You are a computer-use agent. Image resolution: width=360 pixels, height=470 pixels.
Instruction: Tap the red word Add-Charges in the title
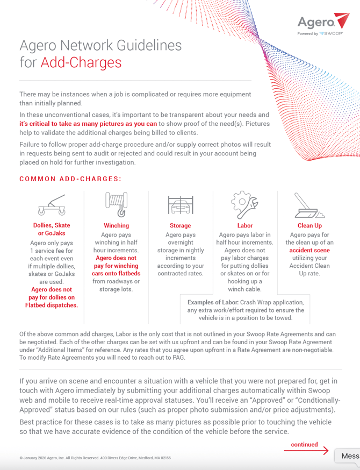[81, 62]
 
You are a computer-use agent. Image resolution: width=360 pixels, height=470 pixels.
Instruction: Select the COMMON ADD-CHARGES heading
[70, 179]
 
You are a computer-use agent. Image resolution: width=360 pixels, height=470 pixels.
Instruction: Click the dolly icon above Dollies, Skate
[52, 205]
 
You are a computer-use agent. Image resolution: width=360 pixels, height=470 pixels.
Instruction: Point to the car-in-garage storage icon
[180, 205]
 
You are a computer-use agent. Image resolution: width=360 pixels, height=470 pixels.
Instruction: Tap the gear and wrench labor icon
[244, 205]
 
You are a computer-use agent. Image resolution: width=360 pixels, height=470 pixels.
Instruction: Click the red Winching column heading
[116, 225]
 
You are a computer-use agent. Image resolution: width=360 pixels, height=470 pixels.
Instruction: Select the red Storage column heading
[180, 225]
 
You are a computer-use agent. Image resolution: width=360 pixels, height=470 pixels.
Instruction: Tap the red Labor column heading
[244, 225]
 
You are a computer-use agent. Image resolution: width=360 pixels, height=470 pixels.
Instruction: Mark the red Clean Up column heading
[309, 225]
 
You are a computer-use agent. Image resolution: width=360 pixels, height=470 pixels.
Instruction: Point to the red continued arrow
[306, 451]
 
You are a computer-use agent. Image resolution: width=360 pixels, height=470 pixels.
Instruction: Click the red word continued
[304, 445]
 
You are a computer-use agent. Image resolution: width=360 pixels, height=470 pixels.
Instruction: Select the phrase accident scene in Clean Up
[309, 250]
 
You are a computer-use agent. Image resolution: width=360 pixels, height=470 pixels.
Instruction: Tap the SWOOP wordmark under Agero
[332, 33]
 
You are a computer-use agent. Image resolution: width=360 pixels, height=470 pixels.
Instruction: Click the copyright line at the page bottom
[95, 458]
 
